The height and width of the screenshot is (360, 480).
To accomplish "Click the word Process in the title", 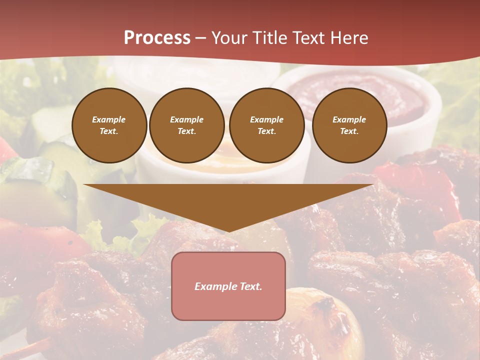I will (x=157, y=38).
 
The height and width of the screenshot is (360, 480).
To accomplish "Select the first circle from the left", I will (x=109, y=125).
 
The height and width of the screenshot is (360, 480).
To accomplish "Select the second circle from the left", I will (x=187, y=125).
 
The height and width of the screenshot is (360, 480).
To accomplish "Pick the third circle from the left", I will (x=266, y=125).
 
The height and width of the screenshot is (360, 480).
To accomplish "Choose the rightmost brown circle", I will (x=349, y=125).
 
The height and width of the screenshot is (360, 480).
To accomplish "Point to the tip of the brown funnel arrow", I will (x=228, y=231).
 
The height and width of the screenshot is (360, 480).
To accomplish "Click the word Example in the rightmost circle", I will (x=349, y=119).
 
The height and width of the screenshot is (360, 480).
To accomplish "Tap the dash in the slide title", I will (x=201, y=38).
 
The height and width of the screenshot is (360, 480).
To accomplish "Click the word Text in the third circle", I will (x=266, y=131).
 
